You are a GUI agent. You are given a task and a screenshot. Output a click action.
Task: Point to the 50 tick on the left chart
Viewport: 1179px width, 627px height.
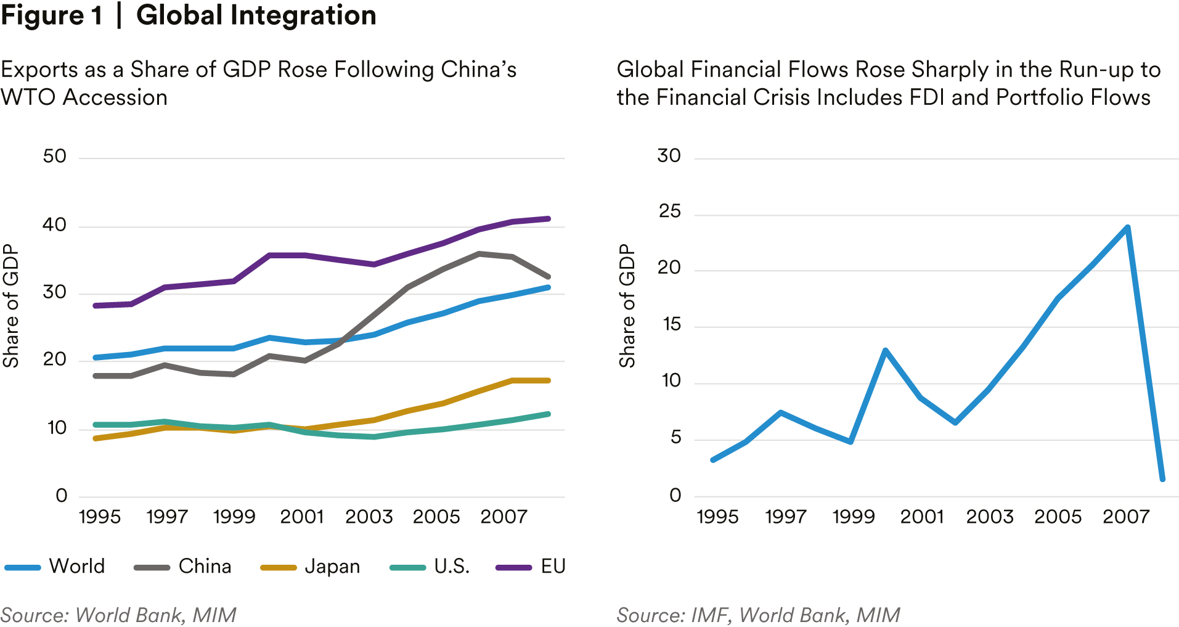[x=55, y=157]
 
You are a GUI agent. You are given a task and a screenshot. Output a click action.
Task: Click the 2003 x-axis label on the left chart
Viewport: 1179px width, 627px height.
[x=369, y=517]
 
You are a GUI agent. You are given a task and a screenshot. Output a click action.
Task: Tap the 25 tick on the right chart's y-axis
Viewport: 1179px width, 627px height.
[x=669, y=212]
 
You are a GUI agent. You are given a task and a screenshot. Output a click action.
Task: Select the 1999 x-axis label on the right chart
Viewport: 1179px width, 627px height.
[x=854, y=517]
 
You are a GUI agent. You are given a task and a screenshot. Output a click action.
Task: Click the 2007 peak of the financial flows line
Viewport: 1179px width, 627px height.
[x=1127, y=227]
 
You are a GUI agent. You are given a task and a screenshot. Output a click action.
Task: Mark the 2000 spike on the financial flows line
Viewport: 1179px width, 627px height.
[x=885, y=351]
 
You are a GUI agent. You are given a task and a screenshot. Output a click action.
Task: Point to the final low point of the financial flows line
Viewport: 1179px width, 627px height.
[x=1162, y=478]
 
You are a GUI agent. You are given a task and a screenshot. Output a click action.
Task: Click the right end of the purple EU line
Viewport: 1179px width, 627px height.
[x=547, y=219]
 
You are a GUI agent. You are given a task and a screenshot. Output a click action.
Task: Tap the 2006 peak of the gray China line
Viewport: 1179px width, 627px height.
[x=479, y=253]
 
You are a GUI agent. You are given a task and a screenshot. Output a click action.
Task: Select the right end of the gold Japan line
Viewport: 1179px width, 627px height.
[x=547, y=380]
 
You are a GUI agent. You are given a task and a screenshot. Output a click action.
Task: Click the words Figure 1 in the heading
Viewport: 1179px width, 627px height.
[x=52, y=15]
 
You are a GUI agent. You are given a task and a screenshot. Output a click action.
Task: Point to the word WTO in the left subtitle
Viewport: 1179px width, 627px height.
[x=28, y=97]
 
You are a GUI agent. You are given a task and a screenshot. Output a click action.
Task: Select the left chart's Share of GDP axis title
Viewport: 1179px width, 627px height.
[x=11, y=306]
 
